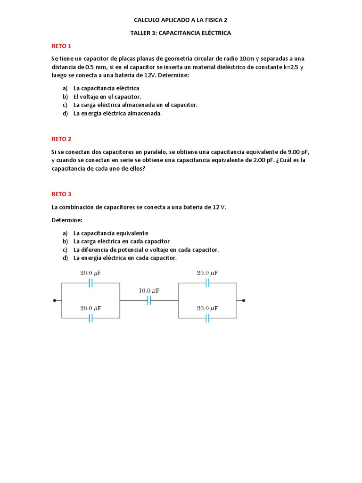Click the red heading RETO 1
[x=61, y=46]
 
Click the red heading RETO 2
[x=61, y=139]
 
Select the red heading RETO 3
[x=61, y=194]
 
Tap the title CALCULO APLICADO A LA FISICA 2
[x=181, y=20]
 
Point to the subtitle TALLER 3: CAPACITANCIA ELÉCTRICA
[x=181, y=33]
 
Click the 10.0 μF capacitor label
[x=149, y=291]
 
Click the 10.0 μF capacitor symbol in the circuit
[x=149, y=300]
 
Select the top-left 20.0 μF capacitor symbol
[x=90, y=283]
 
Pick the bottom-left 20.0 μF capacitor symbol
[x=90, y=318]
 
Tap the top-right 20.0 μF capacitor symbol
[x=207, y=283]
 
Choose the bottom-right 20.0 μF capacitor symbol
[x=207, y=318]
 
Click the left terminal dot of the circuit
[x=55, y=300]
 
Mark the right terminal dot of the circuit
[x=243, y=300]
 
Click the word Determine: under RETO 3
[x=66, y=220]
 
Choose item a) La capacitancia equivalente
[x=106, y=233]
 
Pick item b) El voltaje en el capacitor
[x=102, y=97]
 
